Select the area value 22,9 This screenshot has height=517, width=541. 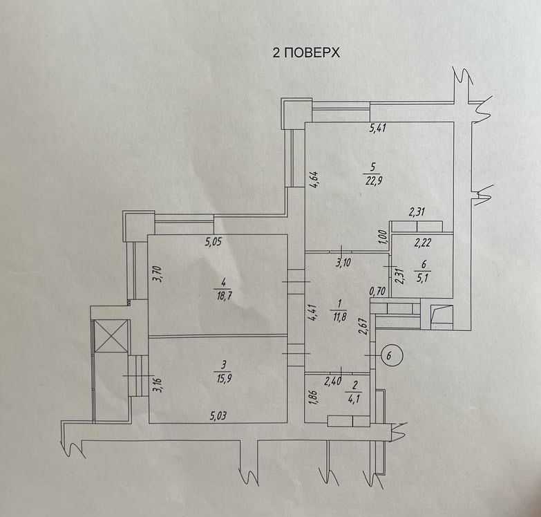tap(373, 181)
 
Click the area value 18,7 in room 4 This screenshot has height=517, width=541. tap(222, 294)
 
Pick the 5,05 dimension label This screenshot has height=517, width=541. tap(216, 242)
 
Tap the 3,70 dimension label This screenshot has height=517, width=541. tap(156, 277)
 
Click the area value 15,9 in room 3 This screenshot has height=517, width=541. tap(223, 377)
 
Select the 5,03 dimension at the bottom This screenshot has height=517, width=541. tap(221, 415)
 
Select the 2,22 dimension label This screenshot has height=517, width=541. tap(423, 242)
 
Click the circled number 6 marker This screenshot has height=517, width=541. tap(390, 356)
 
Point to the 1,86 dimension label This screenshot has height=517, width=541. tap(312, 399)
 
